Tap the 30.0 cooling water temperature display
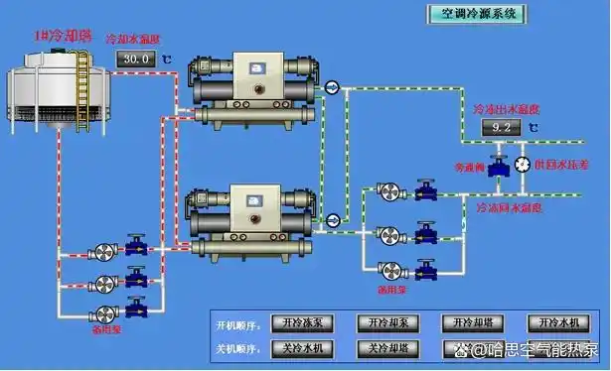[135, 60]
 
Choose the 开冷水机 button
[557, 323]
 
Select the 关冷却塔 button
[387, 348]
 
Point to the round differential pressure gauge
[523, 164]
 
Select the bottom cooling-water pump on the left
[102, 310]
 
